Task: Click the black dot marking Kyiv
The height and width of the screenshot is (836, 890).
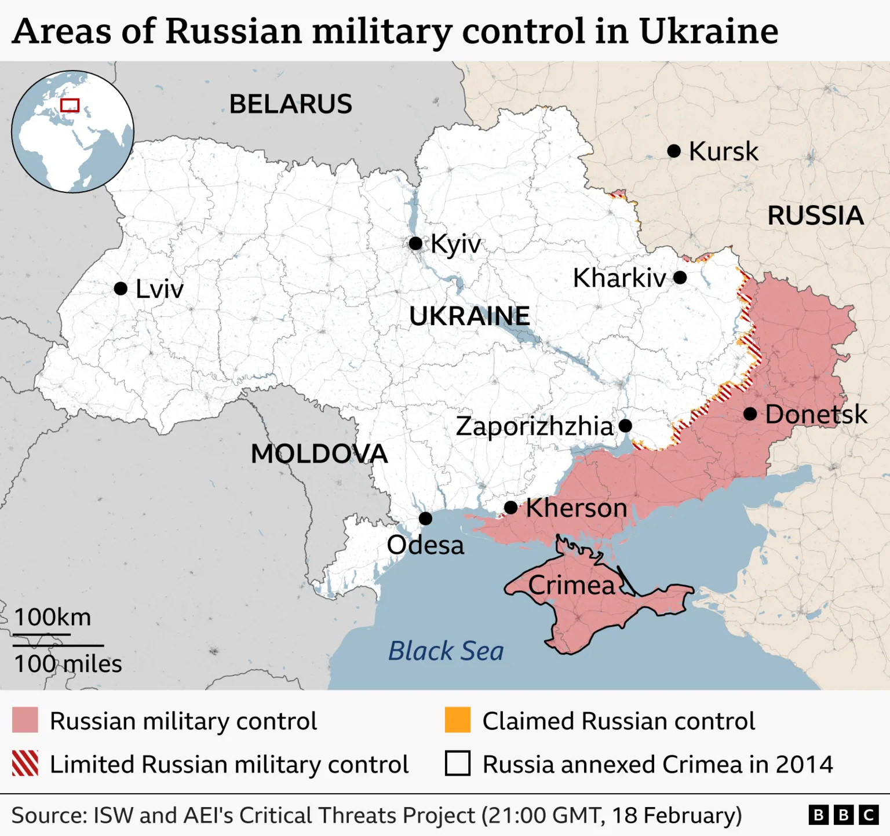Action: (x=415, y=243)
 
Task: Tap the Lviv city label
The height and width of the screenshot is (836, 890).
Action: (x=159, y=289)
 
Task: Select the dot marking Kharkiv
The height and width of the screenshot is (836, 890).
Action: (x=680, y=278)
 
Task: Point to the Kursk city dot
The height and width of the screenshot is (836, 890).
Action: (x=674, y=151)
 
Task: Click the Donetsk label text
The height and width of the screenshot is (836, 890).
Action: (x=816, y=415)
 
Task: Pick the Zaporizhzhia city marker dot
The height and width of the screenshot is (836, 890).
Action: (x=625, y=426)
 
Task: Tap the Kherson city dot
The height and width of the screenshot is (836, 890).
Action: (x=510, y=508)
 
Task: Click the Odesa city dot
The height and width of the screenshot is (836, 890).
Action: (x=425, y=518)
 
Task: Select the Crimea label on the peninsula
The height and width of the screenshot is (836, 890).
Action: (x=571, y=585)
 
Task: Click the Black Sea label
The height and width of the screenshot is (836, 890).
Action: (x=446, y=651)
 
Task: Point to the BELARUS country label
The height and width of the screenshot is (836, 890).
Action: (x=290, y=104)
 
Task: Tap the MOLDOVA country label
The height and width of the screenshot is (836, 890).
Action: (x=319, y=454)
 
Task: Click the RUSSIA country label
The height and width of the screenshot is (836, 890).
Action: (x=815, y=216)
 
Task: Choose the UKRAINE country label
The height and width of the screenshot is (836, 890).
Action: (x=469, y=316)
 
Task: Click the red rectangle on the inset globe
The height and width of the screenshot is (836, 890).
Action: (x=70, y=105)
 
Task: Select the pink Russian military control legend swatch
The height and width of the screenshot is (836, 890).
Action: (x=25, y=720)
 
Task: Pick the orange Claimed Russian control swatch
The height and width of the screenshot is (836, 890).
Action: (x=457, y=720)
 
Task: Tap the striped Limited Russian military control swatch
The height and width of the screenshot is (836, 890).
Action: (x=25, y=764)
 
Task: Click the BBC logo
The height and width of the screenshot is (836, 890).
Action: (x=843, y=815)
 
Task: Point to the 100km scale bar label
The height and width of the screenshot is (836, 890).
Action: (x=52, y=617)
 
